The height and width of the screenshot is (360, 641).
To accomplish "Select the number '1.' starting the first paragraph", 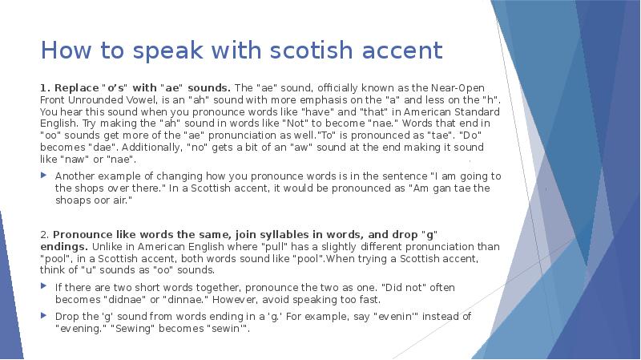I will click(45, 87).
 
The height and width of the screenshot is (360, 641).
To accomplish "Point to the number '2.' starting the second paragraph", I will click(45, 234).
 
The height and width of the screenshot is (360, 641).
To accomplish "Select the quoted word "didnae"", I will click(119, 298).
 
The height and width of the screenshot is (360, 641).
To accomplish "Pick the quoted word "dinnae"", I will click(175, 298).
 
